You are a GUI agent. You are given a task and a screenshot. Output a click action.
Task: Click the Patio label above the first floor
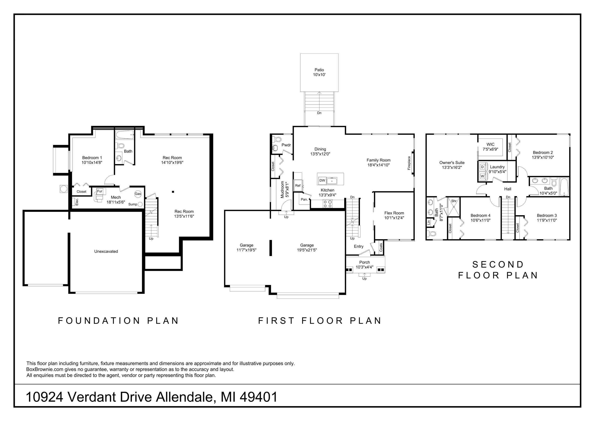[319, 70]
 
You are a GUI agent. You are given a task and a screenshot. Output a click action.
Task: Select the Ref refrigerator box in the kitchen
[298, 185]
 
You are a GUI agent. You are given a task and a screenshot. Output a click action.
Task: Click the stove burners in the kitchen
[327, 204]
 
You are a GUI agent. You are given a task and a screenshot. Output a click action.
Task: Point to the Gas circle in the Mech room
[138, 194]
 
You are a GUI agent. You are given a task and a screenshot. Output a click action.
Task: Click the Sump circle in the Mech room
[140, 204]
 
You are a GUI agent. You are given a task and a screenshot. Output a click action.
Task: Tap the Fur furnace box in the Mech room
[100, 191]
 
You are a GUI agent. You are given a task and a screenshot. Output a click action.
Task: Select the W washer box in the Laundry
[482, 176]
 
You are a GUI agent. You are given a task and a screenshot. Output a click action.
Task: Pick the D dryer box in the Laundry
[482, 167]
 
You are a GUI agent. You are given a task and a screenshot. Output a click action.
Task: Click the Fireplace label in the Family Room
[409, 163]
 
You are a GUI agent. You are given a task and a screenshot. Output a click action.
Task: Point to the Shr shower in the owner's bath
[454, 207]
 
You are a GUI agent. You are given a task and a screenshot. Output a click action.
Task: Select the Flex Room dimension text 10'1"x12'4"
[394, 218]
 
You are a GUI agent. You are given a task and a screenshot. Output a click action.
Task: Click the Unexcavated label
[106, 251]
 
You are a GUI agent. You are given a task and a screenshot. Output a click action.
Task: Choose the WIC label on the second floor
[490, 144]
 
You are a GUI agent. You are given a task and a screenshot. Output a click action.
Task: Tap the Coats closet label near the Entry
[381, 247]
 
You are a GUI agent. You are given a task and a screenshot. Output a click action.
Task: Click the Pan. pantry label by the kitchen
[304, 200]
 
